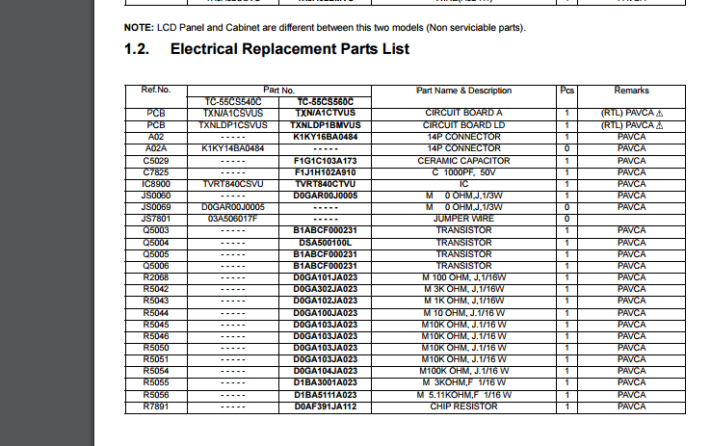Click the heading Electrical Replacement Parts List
click(290, 49)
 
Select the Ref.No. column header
click(156, 91)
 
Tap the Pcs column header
click(566, 91)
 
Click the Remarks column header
click(631, 91)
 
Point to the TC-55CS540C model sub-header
click(232, 101)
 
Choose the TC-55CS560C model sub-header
click(325, 101)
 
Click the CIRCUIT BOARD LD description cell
click(463, 125)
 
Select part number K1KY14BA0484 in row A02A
click(232, 148)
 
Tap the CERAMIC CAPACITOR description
click(463, 160)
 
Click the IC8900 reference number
click(156, 183)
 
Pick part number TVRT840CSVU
click(232, 183)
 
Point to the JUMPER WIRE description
click(463, 219)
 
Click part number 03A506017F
click(232, 219)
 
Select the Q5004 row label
click(156, 242)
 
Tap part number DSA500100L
click(325, 242)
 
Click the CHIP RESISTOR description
click(463, 407)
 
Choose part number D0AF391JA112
click(325, 407)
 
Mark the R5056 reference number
click(156, 395)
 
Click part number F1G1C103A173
click(325, 160)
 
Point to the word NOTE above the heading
click(139, 27)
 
